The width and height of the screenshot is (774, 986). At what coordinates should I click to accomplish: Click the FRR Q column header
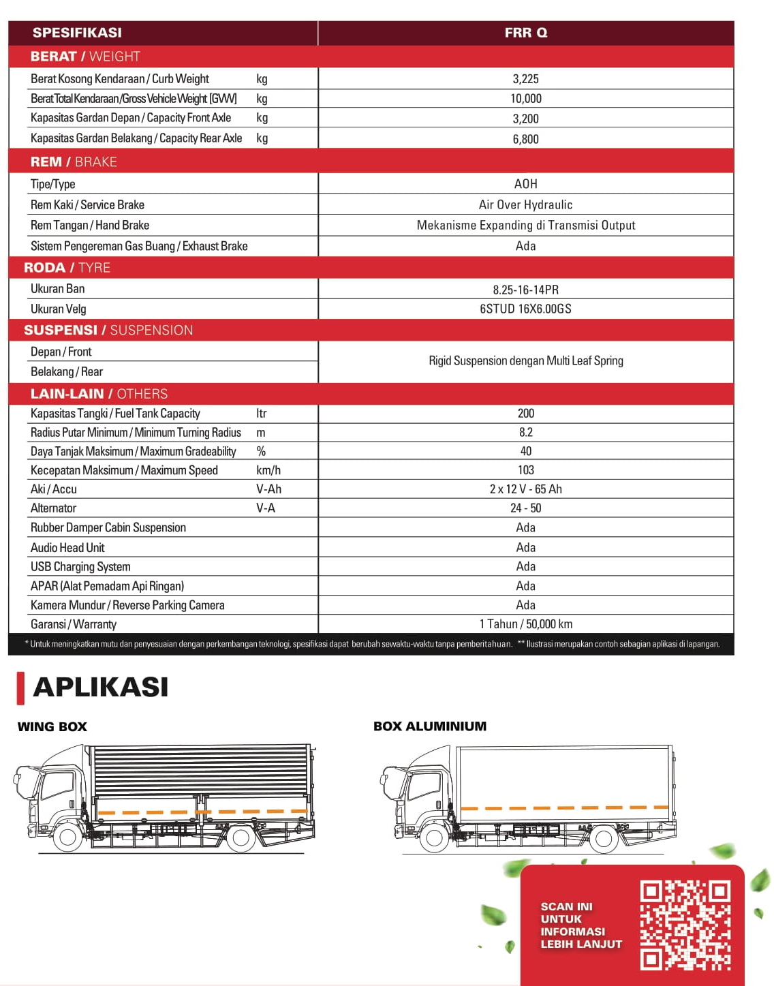[525, 33]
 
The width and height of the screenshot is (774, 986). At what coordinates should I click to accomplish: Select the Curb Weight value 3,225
[525, 79]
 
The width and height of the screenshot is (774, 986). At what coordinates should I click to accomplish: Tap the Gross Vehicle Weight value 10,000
[525, 99]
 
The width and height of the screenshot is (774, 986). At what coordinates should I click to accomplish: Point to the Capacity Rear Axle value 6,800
[525, 139]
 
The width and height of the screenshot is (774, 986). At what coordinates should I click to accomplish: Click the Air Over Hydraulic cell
[525, 204]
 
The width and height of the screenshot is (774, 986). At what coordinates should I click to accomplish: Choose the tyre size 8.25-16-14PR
[525, 290]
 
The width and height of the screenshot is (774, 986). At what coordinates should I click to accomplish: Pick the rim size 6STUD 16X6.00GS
[525, 309]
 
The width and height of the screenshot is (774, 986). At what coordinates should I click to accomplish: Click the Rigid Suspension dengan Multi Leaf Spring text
[525, 361]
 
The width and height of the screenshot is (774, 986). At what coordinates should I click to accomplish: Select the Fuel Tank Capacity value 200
[525, 414]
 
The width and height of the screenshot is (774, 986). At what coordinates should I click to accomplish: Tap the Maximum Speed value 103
[525, 470]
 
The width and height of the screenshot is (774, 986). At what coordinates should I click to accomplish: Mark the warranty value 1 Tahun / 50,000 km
[525, 624]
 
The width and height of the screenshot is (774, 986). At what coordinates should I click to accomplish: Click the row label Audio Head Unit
[67, 548]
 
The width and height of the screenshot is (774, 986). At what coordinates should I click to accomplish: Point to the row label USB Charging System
[80, 567]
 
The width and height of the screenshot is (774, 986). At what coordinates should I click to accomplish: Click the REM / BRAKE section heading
[74, 162]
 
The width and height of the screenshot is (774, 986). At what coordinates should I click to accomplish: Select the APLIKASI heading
[100, 687]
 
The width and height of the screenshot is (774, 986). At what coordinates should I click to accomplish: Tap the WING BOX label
[52, 727]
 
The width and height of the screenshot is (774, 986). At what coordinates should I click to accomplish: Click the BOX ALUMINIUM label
[430, 726]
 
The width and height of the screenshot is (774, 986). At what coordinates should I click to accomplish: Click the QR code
[685, 925]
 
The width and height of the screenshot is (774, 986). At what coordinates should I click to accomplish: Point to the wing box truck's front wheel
[68, 837]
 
